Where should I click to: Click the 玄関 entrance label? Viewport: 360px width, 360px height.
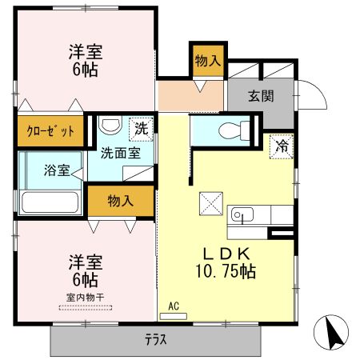(x=261, y=96)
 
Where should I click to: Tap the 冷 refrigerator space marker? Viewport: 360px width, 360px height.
(x=282, y=146)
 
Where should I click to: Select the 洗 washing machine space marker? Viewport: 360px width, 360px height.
(x=141, y=129)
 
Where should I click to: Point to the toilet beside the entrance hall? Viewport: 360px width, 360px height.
(x=234, y=130)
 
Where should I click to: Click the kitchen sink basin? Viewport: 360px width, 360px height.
(x=242, y=214)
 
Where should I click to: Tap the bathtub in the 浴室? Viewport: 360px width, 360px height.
(x=50, y=202)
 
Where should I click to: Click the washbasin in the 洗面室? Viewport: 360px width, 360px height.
(x=110, y=126)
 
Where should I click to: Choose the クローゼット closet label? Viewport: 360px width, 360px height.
(x=50, y=131)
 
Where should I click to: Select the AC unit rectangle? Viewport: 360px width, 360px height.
(x=174, y=316)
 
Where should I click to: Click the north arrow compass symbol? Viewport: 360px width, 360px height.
(x=331, y=332)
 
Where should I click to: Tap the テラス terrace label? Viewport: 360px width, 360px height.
(x=156, y=339)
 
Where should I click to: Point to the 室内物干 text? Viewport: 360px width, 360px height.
(x=86, y=298)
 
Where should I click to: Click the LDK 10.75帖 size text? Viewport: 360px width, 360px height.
(x=226, y=263)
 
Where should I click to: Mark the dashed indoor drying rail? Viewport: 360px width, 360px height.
(x=86, y=308)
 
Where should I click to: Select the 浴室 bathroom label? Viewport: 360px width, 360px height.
(x=57, y=170)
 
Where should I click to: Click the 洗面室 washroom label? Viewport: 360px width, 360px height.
(x=121, y=154)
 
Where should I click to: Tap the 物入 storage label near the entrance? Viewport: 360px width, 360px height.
(x=208, y=61)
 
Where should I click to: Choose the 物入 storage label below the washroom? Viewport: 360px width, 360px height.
(x=121, y=201)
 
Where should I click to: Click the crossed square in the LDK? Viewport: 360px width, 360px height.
(x=211, y=203)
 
